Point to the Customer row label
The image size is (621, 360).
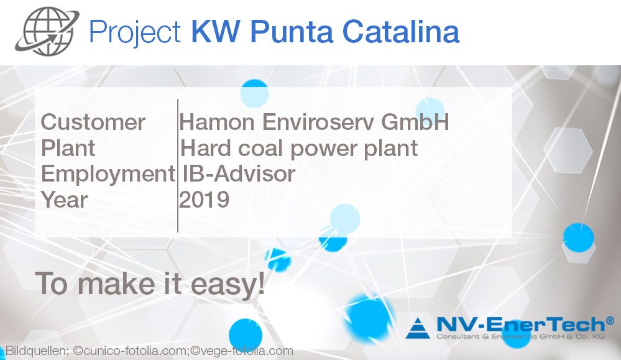(x=93, y=122)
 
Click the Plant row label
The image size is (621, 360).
(x=68, y=149)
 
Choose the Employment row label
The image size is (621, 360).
(x=108, y=174)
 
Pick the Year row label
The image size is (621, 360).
(x=64, y=200)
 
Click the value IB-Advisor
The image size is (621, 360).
(x=239, y=174)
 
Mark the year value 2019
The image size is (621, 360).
(x=205, y=200)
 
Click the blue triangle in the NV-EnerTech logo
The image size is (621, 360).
(x=418, y=328)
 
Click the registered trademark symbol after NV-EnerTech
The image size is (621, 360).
(x=610, y=320)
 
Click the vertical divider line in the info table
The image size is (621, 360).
(x=178, y=165)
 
